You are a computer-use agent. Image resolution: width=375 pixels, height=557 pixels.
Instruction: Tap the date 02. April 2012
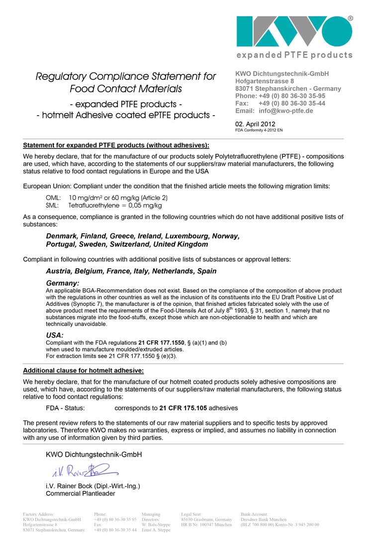[255, 124]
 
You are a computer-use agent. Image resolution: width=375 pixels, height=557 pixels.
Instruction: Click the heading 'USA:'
[55, 335]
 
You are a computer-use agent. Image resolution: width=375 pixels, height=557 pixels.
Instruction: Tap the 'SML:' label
[53, 205]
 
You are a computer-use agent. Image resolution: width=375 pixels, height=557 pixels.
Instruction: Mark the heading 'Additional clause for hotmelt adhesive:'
[84, 370]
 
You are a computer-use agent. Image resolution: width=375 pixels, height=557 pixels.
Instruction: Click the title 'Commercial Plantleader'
[81, 493]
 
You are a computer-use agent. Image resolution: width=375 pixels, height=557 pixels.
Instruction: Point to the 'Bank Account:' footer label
[254, 514]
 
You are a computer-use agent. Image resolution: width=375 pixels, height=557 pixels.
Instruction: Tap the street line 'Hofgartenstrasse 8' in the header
[265, 81]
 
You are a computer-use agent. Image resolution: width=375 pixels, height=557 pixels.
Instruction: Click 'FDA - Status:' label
[65, 408]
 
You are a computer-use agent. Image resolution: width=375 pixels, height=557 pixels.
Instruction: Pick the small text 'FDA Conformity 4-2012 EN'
[259, 130]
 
